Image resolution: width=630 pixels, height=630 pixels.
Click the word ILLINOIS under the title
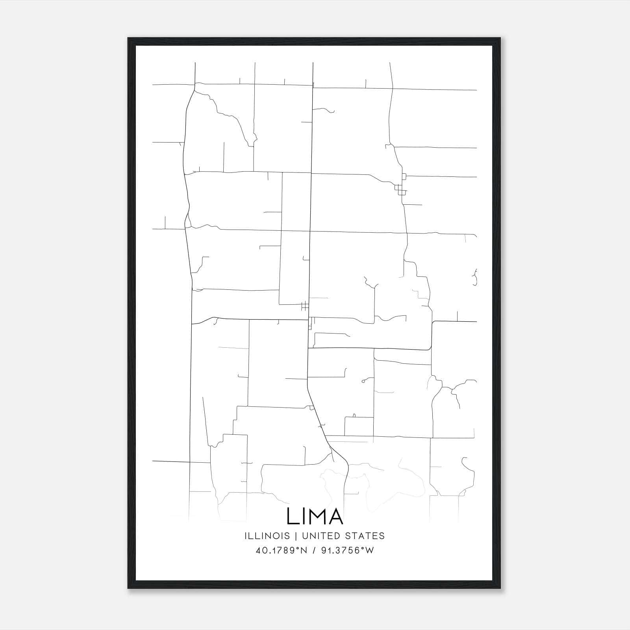point(267,536)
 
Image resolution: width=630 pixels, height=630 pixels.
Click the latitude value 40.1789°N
point(281,550)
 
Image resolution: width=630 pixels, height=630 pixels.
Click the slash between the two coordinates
point(314,550)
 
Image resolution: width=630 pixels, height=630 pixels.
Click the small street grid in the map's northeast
point(401,189)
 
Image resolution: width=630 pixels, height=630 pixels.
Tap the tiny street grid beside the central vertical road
point(304,306)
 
